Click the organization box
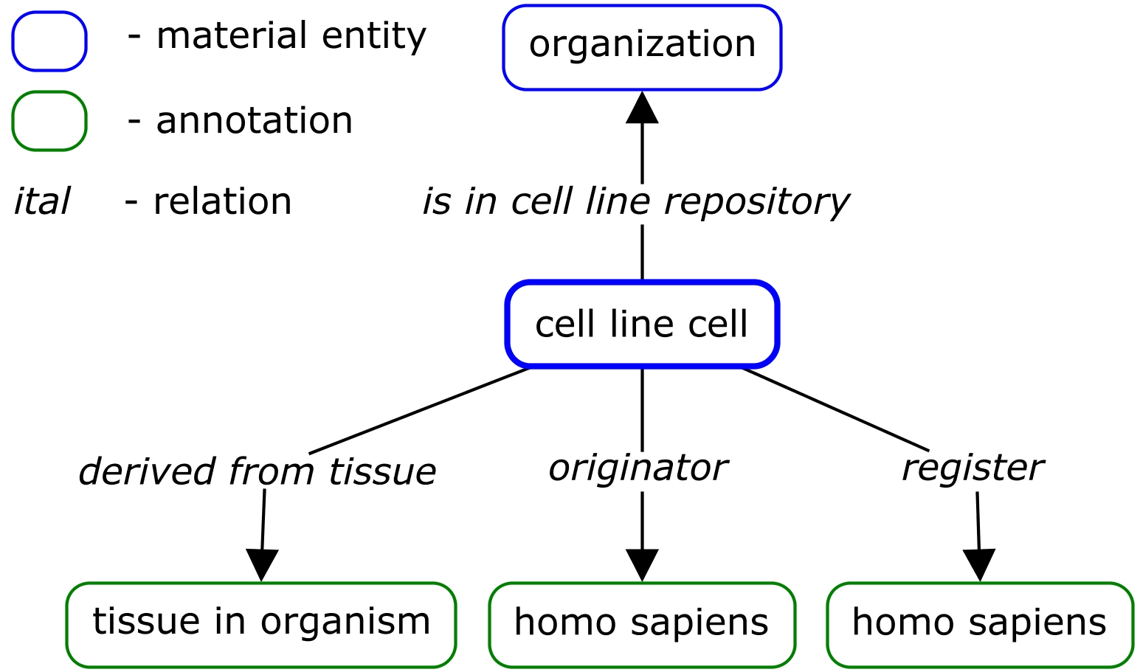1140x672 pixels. point(642,47)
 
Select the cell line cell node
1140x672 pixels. point(642,325)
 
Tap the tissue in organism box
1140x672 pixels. point(261,624)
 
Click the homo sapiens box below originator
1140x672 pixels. point(642,624)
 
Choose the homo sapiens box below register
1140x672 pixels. point(979,624)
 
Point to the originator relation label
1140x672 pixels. point(638,468)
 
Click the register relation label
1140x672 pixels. point(973,468)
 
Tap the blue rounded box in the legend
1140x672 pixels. point(49,41)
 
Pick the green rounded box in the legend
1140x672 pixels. point(49,121)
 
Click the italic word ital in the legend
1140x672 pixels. point(41,201)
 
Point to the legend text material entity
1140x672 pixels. point(291,36)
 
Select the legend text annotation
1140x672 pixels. point(254,120)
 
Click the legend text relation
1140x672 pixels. point(222,201)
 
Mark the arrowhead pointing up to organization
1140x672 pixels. point(642,108)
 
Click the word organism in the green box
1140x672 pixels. point(345,622)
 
